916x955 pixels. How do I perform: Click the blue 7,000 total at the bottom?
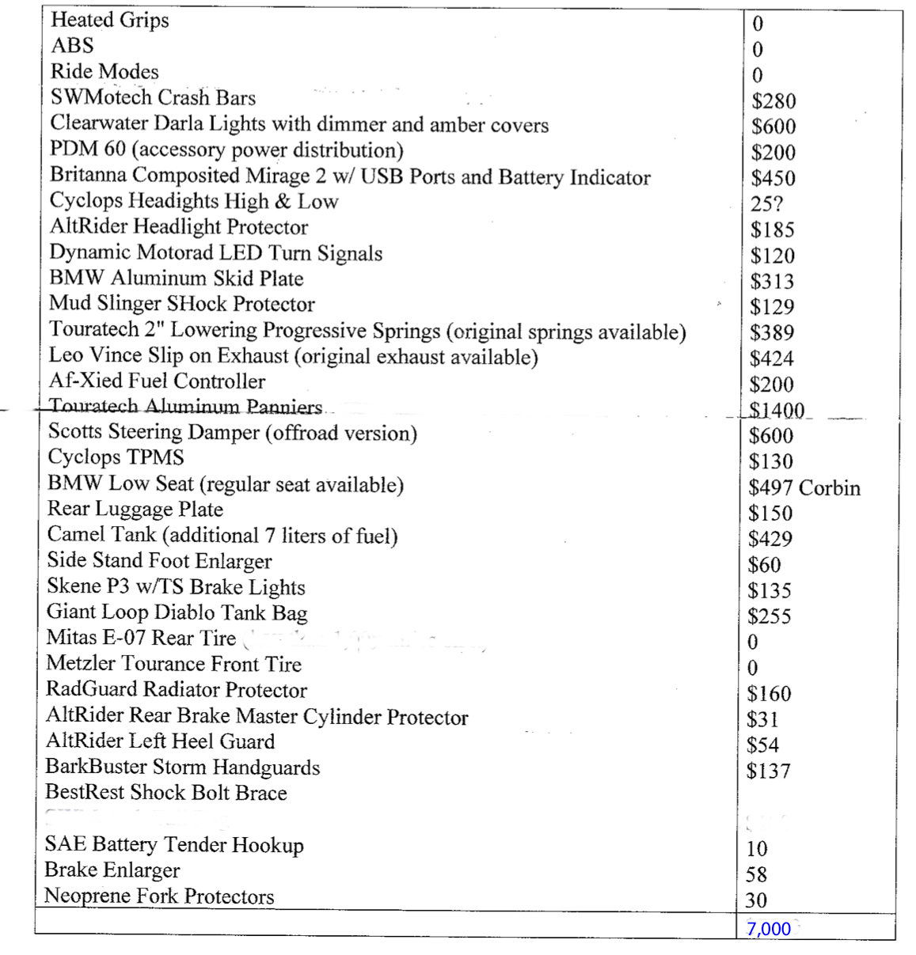coord(768,929)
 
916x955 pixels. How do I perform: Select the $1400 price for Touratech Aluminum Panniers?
coord(777,411)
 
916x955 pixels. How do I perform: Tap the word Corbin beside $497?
coord(829,487)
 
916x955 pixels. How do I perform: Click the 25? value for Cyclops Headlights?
coord(766,204)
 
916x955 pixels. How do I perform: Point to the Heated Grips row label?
coord(109,20)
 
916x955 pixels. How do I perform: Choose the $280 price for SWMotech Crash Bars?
coord(773,101)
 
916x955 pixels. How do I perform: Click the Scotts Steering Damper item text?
coord(232,433)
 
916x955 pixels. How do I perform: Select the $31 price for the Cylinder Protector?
coord(762,719)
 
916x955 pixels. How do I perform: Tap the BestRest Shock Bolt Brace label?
coord(165,793)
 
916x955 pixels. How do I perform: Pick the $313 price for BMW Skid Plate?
coord(772,282)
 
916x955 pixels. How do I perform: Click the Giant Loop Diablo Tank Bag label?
coord(177,612)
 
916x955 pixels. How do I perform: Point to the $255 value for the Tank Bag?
coord(769,616)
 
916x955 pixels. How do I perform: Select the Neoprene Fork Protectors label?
coord(159,896)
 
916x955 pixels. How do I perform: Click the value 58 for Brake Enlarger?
coord(756,874)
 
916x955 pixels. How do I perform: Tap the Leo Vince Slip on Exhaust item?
coord(293,357)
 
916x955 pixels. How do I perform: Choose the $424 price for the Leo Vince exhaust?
coord(771,359)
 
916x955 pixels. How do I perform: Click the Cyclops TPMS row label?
coord(116,457)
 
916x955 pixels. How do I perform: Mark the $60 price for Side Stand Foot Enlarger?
coord(764,565)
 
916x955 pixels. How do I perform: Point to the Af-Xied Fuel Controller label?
coord(157,381)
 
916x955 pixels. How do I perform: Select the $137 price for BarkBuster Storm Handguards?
coord(768,771)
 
